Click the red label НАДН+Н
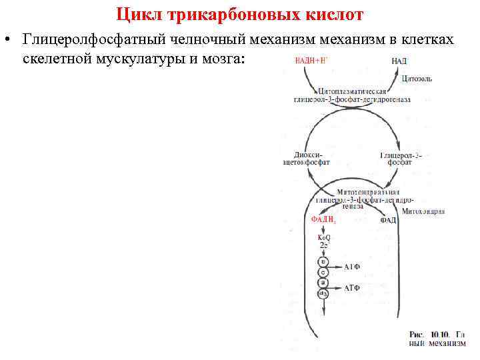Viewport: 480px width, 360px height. pyautogui.click(x=311, y=61)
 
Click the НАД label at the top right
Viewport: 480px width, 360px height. pyautogui.click(x=399, y=61)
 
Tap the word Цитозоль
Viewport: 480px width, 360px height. pyautogui.click(x=417, y=79)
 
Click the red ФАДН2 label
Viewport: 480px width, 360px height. pyautogui.click(x=323, y=219)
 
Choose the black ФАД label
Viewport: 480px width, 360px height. pyautogui.click(x=388, y=220)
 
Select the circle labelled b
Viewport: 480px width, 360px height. pyautogui.click(x=323, y=262)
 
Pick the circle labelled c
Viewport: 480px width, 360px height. pyautogui.click(x=323, y=273)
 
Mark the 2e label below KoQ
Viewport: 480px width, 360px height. pyautogui.click(x=323, y=246)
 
